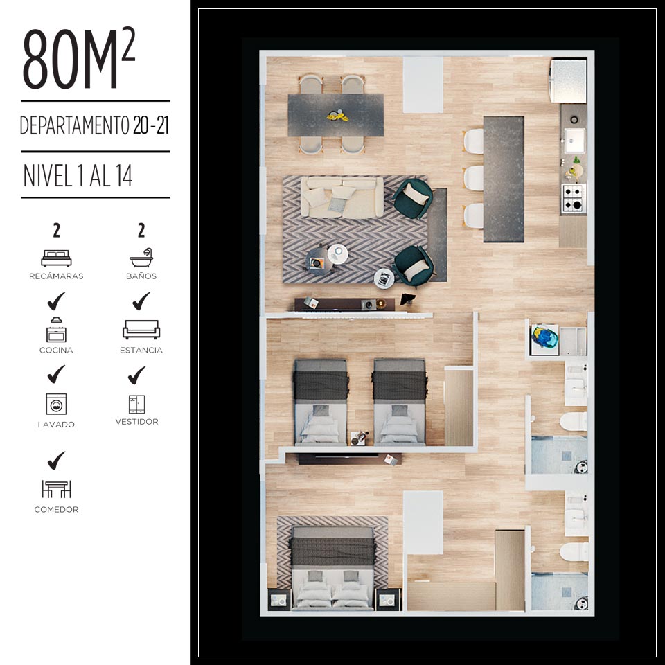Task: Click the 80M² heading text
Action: (79, 58)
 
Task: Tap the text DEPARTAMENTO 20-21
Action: (95, 125)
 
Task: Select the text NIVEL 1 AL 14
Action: (78, 175)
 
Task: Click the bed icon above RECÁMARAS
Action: (56, 258)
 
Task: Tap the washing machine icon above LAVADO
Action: (56, 404)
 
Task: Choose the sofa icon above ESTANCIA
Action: (141, 330)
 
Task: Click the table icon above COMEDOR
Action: (56, 489)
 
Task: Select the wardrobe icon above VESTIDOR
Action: (137, 404)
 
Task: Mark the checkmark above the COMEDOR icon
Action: (56, 461)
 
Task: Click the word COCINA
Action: (56, 351)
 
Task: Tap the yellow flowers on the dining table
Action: (337, 115)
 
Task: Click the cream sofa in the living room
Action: (342, 197)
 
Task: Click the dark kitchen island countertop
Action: (504, 179)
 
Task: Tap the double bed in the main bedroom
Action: (332, 568)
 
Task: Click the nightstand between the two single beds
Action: (359, 438)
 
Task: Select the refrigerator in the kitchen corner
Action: (568, 80)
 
